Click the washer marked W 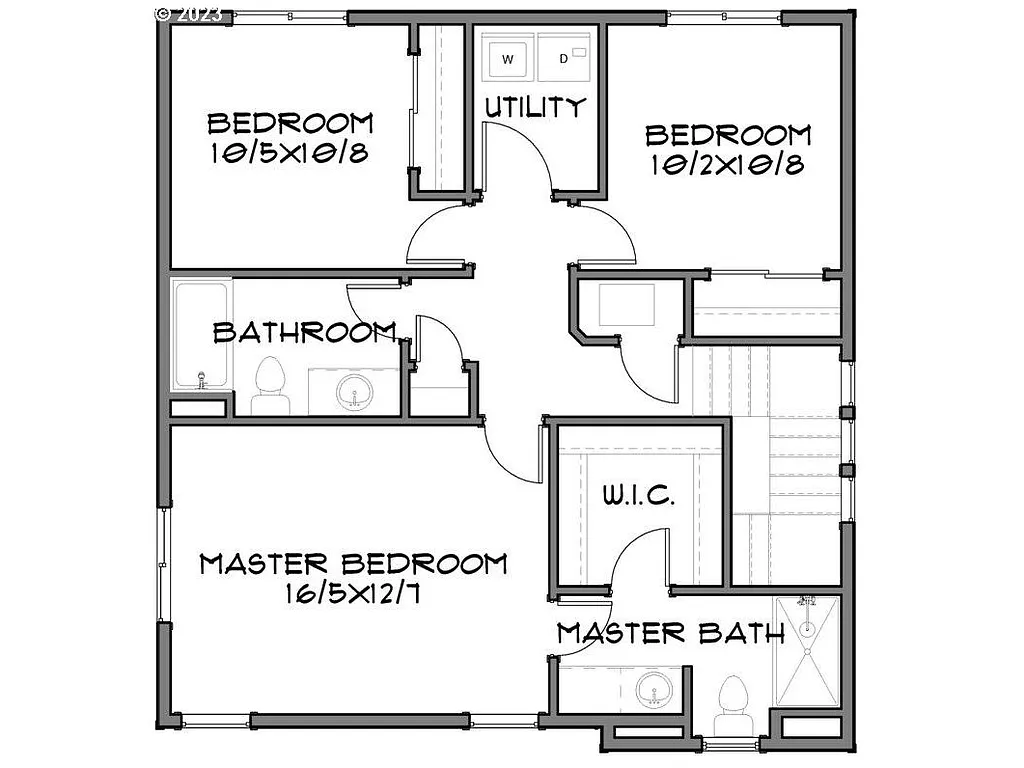click(x=507, y=58)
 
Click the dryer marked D click(x=564, y=58)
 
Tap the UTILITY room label click(x=534, y=107)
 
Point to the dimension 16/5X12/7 click(x=352, y=594)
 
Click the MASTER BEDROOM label click(x=353, y=564)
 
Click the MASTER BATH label click(x=670, y=633)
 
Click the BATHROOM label click(x=305, y=332)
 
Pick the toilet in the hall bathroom click(x=267, y=385)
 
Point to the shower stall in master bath click(x=807, y=650)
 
